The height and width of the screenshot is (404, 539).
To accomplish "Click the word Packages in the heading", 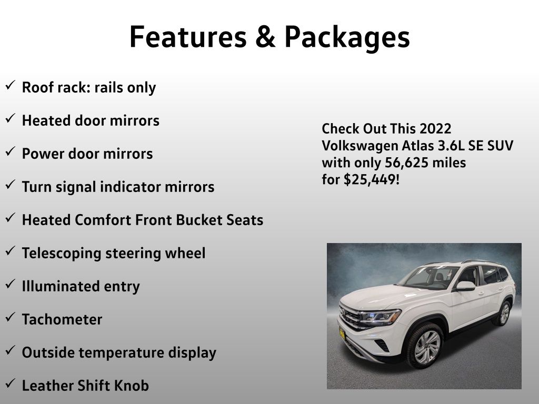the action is [347, 38].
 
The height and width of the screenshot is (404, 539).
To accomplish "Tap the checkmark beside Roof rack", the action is [11, 85].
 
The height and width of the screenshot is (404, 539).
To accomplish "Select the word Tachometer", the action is [62, 319].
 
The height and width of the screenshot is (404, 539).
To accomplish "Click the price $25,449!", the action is [372, 179].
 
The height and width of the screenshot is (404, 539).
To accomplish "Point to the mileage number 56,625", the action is [406, 163].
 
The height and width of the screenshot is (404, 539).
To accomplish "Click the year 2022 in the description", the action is [435, 128].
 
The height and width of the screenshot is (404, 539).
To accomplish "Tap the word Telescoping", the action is [62, 254].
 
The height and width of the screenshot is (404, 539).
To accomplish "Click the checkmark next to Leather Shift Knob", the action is [11, 383].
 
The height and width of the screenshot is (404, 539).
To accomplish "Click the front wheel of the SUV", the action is [425, 346].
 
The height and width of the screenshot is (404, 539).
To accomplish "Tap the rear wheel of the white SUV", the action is [503, 314].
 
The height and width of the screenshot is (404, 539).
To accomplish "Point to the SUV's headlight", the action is [380, 317].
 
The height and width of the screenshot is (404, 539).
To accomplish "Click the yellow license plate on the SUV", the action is [342, 333].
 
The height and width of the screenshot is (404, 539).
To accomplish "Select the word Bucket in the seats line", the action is [199, 220].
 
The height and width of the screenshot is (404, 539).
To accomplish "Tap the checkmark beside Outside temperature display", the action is [11, 350].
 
